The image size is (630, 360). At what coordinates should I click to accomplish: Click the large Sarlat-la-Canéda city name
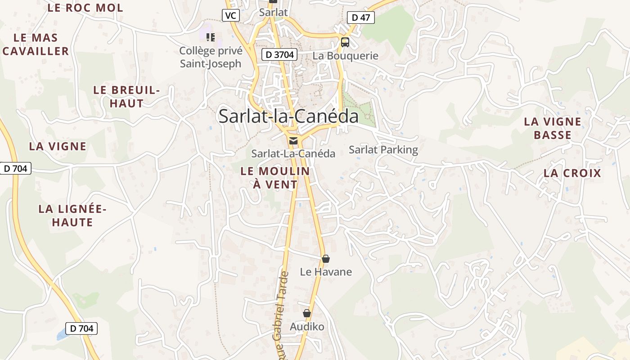point(288,116)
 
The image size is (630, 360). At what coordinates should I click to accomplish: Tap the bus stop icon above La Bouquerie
point(345,42)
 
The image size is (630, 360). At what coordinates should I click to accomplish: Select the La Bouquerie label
point(345,56)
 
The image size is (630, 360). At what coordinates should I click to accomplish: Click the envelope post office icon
point(293,141)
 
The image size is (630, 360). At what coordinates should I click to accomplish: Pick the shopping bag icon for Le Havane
point(326,259)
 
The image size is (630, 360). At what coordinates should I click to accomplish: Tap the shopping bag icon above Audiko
point(307,313)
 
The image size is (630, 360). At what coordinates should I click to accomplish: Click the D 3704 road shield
point(279,55)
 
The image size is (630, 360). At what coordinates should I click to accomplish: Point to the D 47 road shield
point(361,18)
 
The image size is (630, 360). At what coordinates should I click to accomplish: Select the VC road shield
point(231,16)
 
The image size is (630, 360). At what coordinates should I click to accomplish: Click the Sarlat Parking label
point(383,149)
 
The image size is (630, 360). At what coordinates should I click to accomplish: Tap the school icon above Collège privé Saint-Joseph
point(210,37)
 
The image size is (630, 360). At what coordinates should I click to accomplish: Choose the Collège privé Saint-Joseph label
point(211,57)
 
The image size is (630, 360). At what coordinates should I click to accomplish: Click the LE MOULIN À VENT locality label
point(275,177)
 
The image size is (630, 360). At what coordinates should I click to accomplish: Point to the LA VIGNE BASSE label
point(553,128)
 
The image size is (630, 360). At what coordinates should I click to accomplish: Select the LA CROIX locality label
point(572,173)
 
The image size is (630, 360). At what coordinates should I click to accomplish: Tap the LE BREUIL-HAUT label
point(126,96)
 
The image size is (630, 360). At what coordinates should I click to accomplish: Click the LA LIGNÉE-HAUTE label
point(72,216)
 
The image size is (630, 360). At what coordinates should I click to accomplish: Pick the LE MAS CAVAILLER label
point(36,44)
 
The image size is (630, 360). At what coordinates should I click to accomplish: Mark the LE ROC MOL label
point(85,8)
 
